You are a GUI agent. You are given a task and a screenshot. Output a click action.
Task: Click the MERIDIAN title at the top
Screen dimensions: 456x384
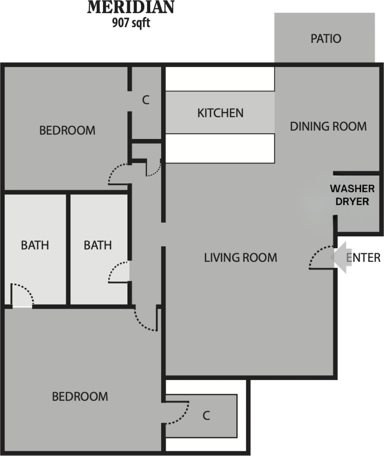point(131,8)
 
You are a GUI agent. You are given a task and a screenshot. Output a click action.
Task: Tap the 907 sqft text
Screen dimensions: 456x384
point(131,23)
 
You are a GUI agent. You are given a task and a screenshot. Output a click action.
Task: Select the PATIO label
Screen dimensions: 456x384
point(326,39)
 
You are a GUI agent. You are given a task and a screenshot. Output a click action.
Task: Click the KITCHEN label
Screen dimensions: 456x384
point(220,113)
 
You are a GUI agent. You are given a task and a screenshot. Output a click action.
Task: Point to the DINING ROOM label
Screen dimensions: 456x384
point(328,126)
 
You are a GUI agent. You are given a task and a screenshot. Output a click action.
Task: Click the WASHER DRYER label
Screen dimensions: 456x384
point(352,195)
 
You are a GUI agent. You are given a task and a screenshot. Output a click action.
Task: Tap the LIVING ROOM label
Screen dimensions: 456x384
point(241,258)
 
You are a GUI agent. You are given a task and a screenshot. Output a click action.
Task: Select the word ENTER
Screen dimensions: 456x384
point(364,258)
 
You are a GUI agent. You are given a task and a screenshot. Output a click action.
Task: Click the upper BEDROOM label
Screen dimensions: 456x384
point(67,130)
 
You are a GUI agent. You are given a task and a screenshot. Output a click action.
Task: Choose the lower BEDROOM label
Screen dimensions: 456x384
point(80,396)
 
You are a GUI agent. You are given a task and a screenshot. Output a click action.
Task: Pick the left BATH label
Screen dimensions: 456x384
point(35,245)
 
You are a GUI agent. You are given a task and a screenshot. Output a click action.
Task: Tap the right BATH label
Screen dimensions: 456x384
point(97,245)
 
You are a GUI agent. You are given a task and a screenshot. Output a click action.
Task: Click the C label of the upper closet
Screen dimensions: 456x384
point(146,100)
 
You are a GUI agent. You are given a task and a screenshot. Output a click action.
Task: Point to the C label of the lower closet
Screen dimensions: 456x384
point(206,415)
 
